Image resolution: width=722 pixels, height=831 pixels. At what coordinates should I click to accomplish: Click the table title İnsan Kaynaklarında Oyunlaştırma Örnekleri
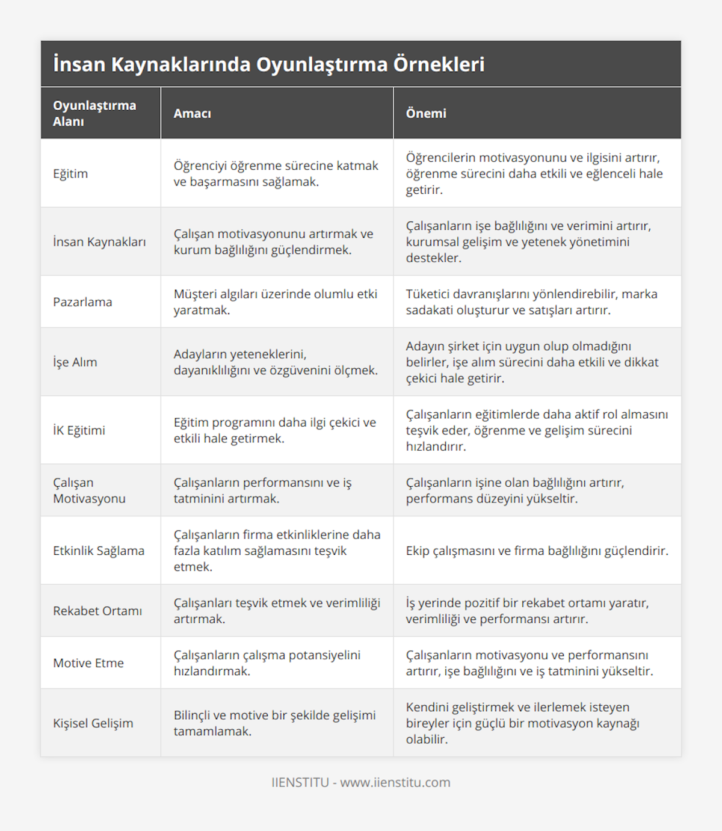[268, 64]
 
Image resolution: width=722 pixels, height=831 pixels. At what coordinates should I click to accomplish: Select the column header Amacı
[192, 114]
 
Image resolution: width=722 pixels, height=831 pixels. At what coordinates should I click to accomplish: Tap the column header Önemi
[426, 114]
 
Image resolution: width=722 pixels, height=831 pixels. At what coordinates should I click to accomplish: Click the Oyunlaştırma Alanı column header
[94, 113]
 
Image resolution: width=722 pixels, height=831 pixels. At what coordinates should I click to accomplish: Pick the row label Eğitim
[70, 174]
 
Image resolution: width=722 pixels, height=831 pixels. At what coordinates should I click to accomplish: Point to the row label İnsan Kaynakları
[99, 242]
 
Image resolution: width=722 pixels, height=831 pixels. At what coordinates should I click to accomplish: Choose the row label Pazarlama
[82, 302]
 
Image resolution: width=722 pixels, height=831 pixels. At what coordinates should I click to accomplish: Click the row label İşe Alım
[75, 362]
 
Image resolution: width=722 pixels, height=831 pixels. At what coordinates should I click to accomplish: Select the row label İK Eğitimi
[79, 430]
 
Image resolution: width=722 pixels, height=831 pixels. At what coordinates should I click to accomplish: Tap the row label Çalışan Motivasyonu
[89, 490]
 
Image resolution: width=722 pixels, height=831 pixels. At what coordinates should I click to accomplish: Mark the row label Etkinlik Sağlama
[99, 551]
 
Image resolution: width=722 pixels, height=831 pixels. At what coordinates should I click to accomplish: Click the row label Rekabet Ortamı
[97, 611]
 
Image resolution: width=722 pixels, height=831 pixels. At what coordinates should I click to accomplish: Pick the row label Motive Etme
[88, 663]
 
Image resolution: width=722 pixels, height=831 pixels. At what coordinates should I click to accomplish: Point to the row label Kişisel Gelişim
[93, 723]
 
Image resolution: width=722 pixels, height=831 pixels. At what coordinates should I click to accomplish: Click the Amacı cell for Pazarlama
[276, 302]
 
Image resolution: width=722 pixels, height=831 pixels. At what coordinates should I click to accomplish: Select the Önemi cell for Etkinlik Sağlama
[537, 551]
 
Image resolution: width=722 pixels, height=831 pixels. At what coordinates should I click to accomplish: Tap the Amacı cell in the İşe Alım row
[276, 362]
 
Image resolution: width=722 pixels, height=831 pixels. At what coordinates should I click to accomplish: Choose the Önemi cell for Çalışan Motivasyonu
[515, 490]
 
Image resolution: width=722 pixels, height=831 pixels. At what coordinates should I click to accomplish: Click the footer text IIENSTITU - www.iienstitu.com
[360, 782]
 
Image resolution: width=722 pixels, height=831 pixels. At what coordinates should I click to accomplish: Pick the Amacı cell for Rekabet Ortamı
[277, 611]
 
